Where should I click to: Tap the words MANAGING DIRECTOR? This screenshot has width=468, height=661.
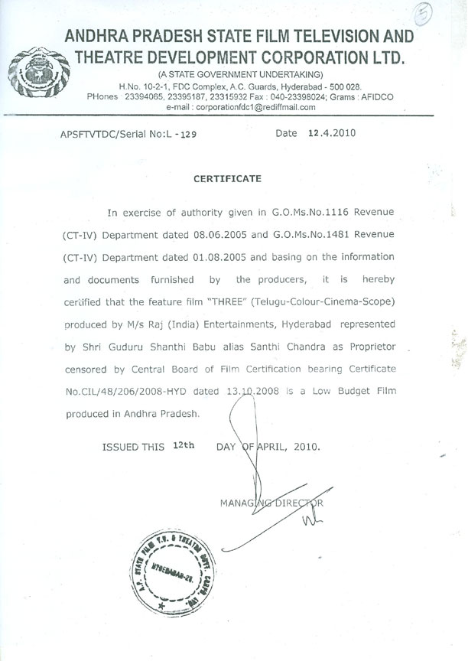(x=271, y=503)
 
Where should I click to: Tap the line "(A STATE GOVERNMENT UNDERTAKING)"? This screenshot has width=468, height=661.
(x=240, y=73)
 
